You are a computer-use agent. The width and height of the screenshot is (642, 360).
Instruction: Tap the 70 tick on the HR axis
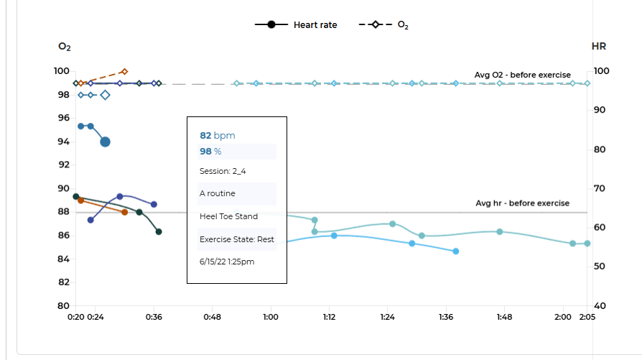pos(601,189)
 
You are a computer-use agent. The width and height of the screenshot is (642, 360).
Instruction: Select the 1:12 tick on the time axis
pos(329,316)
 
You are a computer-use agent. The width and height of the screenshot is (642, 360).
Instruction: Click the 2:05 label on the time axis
pos(586,316)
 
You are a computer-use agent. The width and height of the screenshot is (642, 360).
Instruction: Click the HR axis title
pos(598,47)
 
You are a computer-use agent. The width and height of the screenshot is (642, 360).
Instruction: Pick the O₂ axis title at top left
pos(65,47)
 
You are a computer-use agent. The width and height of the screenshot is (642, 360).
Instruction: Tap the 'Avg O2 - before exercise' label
pos(522,75)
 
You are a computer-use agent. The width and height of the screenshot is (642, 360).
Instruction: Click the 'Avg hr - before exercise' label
pos(522,203)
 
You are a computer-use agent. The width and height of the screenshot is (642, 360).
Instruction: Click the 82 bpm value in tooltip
pos(217,135)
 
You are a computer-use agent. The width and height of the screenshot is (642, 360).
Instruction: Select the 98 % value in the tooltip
pos(210,151)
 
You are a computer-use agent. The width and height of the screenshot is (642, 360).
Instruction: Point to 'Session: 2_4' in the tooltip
pos(223,171)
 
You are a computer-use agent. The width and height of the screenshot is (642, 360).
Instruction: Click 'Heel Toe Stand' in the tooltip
pos(228,216)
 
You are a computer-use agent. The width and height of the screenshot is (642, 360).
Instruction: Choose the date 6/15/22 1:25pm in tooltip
pos(227,262)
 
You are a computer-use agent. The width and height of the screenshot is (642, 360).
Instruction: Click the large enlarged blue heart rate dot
pos(105,142)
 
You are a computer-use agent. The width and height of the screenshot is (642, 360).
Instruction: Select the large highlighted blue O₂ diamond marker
pos(105,95)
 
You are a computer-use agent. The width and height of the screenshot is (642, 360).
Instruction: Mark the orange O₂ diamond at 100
pos(124,71)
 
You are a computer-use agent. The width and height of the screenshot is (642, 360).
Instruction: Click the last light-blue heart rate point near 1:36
pos(455,251)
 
